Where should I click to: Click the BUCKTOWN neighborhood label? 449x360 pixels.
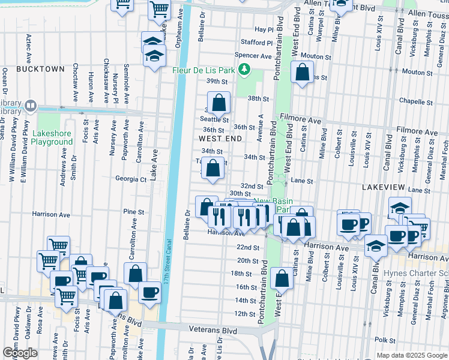40,69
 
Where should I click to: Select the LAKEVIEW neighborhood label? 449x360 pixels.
385,188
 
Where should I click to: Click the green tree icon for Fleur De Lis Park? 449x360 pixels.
244,70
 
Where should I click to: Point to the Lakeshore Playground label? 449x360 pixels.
52,137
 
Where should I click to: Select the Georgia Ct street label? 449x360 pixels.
131,179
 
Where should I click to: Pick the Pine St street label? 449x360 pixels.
133,212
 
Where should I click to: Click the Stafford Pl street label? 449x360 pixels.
257,43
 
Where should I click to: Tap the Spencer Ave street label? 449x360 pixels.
253,55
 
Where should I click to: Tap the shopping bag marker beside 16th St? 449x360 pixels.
281,279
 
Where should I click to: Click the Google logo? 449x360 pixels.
20,352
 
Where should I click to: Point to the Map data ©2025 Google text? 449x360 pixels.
412,355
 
